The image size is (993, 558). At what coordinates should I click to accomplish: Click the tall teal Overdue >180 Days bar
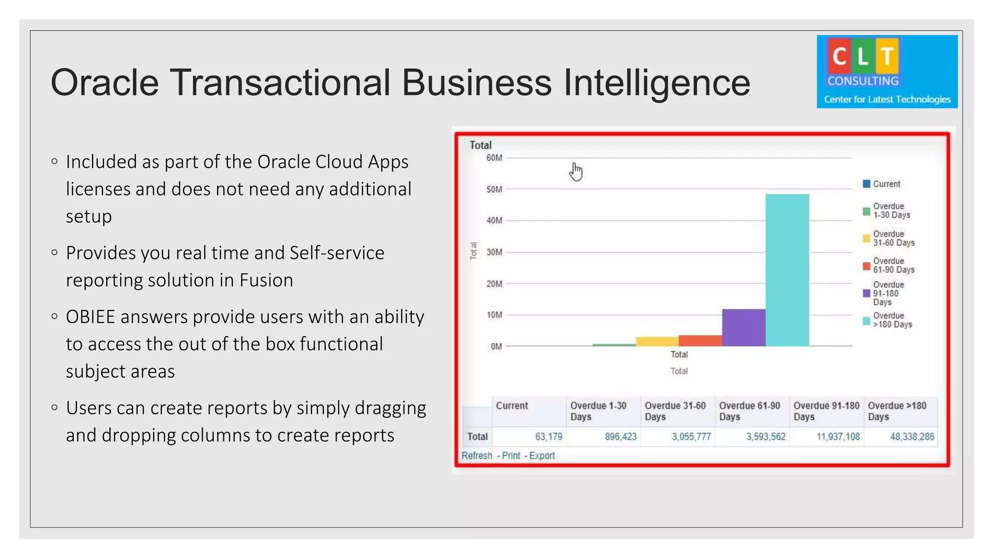click(787, 270)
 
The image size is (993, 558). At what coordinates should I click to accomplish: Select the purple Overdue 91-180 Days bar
click(744, 327)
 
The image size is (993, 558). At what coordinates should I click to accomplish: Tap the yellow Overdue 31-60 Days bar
click(657, 341)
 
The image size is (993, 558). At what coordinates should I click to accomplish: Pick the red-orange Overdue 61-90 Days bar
click(700, 341)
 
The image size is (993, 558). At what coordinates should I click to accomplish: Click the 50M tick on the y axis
click(494, 189)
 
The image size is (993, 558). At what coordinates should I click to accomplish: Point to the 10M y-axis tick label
click(494, 315)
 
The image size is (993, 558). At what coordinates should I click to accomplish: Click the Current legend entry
click(886, 184)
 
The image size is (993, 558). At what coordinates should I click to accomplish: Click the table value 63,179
click(548, 436)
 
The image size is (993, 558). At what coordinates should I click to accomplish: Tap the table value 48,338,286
click(912, 436)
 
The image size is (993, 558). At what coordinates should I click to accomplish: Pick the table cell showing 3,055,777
click(691, 436)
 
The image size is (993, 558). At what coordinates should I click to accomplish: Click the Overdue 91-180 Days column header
click(826, 411)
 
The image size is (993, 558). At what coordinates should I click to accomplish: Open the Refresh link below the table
click(477, 456)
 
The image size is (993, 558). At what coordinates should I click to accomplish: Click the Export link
click(542, 456)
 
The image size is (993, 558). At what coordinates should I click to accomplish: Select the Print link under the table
click(511, 456)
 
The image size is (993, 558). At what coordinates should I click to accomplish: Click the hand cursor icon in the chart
click(576, 172)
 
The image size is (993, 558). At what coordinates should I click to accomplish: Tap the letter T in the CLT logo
click(887, 56)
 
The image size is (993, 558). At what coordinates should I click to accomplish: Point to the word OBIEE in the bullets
click(91, 317)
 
